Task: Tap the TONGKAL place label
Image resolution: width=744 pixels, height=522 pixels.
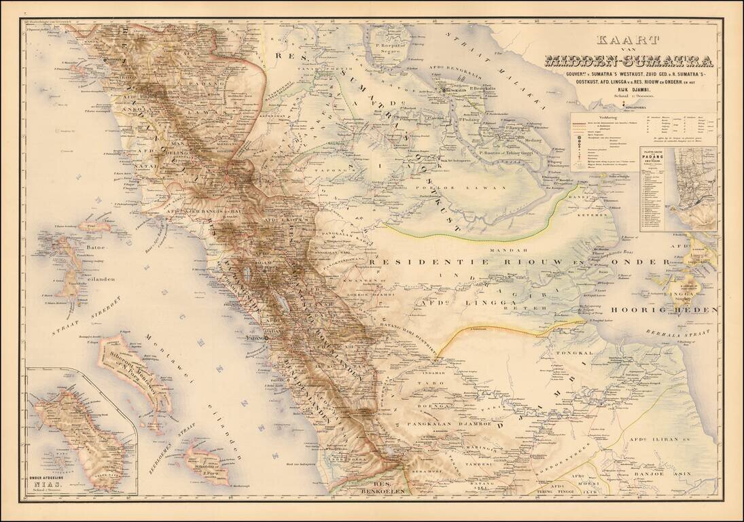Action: point(570,353)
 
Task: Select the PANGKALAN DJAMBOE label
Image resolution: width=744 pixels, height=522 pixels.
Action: point(444,423)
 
